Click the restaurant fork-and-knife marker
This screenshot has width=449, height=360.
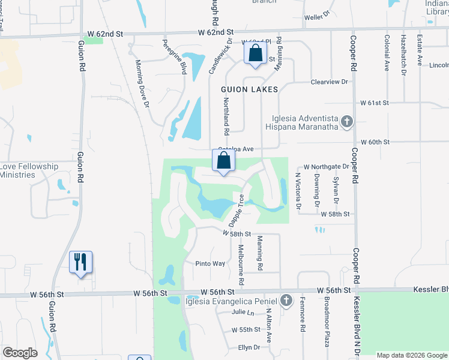coord(80,262)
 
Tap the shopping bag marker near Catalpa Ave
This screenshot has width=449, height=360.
coord(223,161)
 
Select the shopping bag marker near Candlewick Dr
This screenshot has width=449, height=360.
coord(256,53)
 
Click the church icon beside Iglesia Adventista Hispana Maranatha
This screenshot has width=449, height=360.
coord(346,122)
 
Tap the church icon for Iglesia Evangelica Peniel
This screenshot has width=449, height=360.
coord(286,301)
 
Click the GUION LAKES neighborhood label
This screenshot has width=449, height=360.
coord(249,89)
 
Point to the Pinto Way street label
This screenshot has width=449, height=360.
coord(210,263)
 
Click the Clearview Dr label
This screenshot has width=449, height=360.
coord(330,82)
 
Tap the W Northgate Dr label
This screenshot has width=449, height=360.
coord(326,166)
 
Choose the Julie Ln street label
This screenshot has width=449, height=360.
coord(243,312)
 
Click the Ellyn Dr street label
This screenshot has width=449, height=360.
coord(249,347)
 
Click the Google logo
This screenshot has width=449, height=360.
coord(21,352)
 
